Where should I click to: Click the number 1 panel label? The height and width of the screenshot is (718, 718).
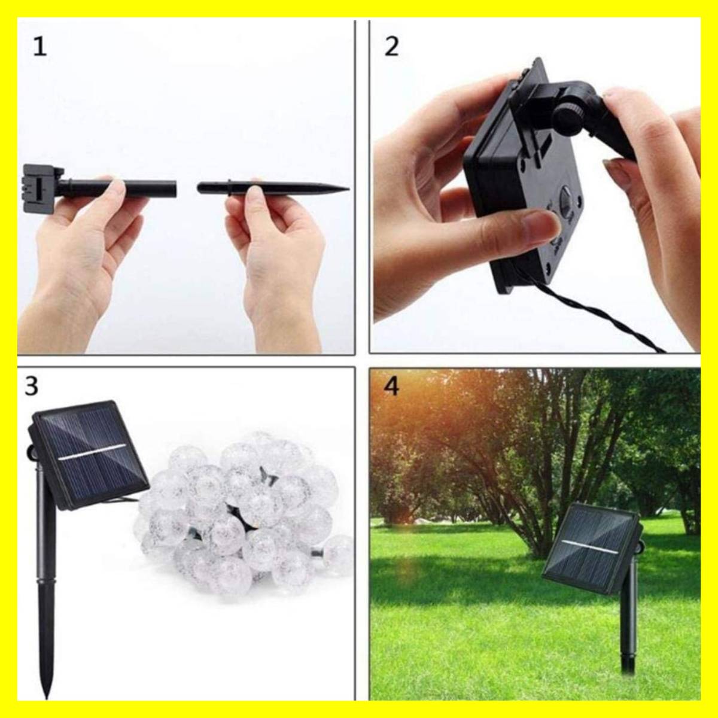tap(40, 48)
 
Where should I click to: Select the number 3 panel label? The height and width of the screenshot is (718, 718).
tap(31, 387)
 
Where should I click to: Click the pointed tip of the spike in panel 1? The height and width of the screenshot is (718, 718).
tap(348, 189)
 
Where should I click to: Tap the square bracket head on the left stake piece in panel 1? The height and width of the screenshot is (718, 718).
tap(42, 188)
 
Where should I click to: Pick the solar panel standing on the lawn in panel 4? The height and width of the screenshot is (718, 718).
tap(592, 550)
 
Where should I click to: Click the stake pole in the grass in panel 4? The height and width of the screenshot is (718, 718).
tap(629, 619)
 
